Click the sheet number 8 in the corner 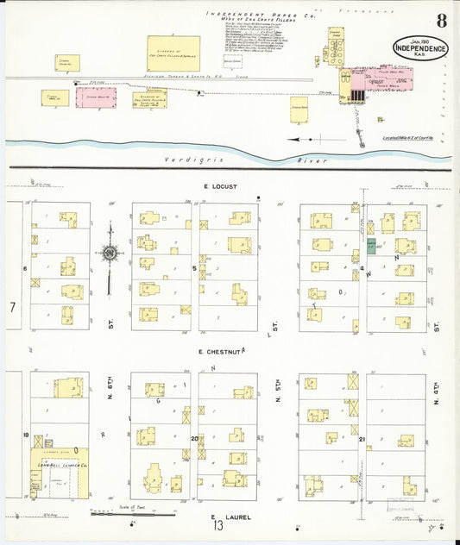(441, 22)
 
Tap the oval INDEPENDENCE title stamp (420, 48)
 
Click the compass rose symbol (110, 253)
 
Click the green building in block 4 (371, 245)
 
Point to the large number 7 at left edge (12, 308)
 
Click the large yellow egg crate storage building (173, 53)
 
